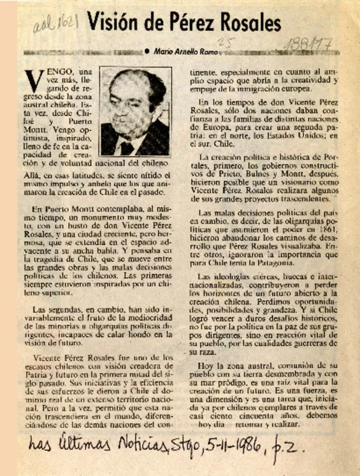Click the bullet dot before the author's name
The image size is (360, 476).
point(147,52)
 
